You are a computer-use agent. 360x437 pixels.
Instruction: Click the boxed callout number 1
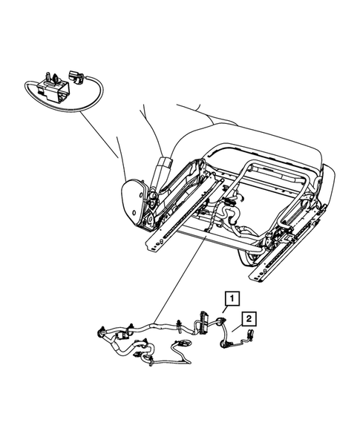(232, 298)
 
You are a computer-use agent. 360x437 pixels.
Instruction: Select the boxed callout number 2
(251, 318)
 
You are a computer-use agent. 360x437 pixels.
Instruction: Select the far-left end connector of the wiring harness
(101, 332)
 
